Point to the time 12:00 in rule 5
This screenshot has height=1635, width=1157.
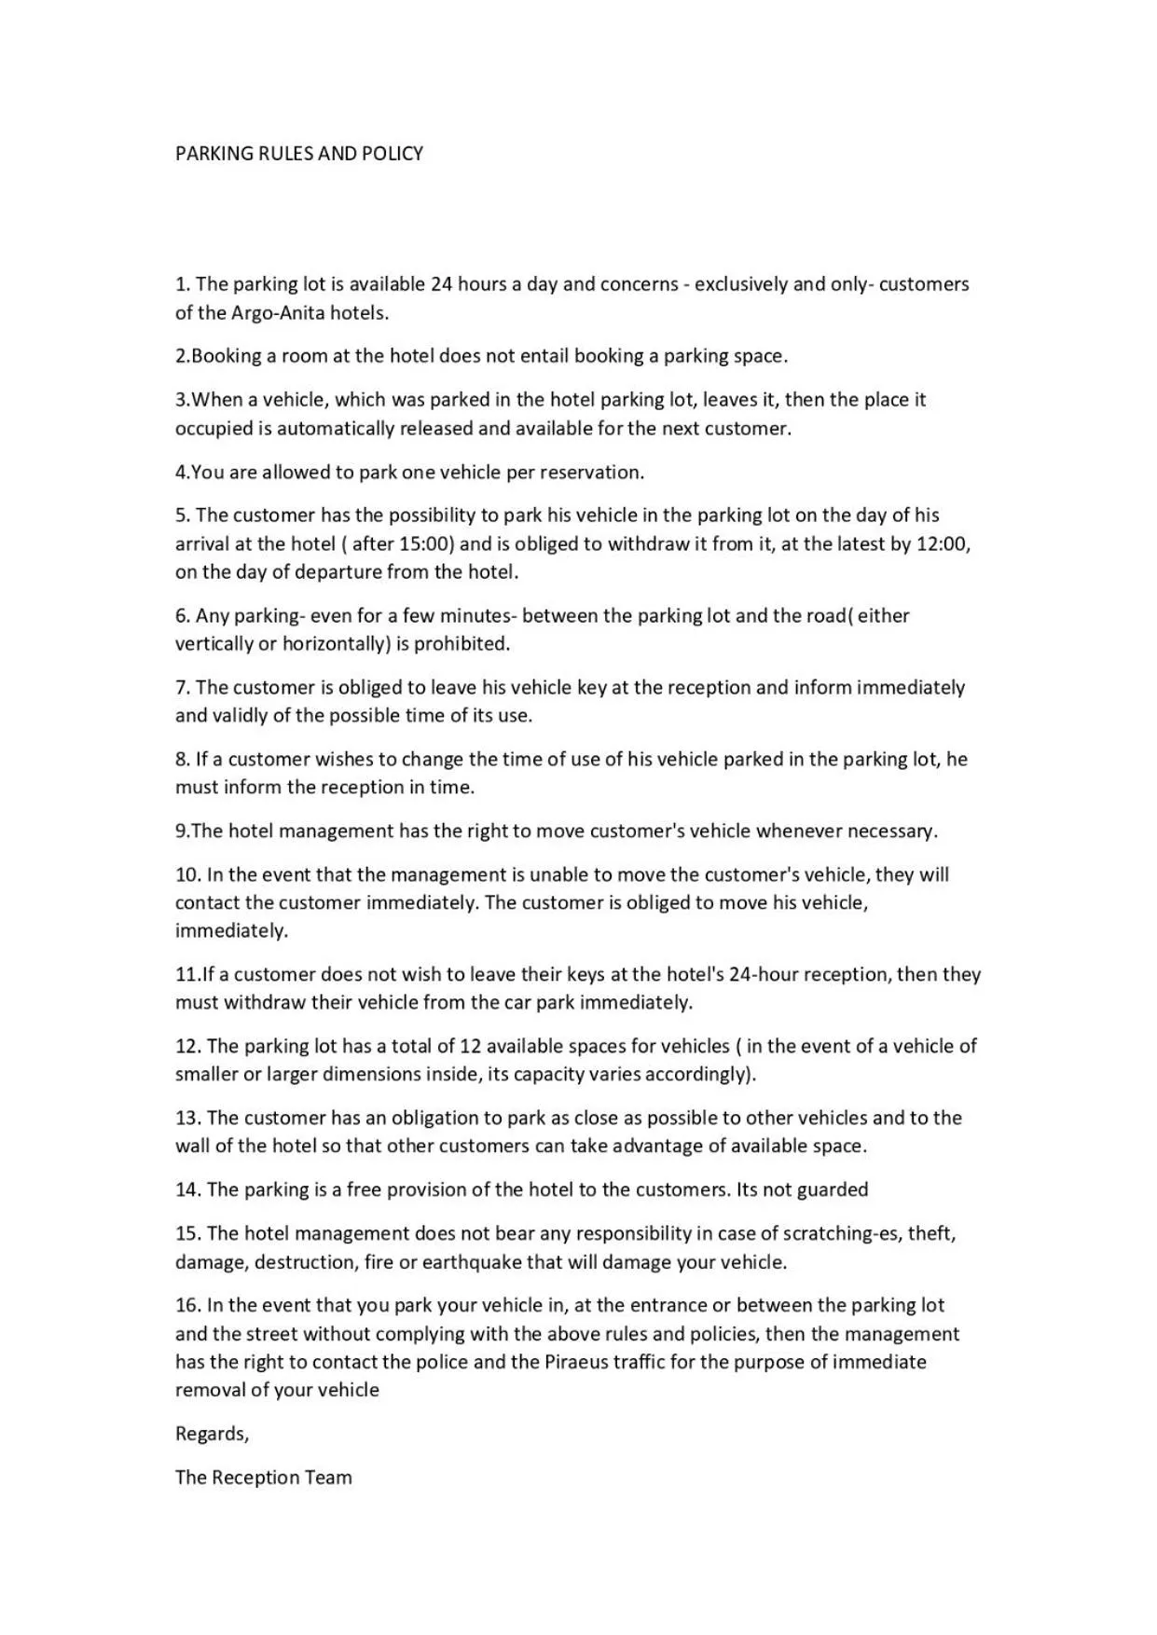pyautogui.click(x=943, y=543)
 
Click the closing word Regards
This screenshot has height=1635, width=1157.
pyautogui.click(x=212, y=1434)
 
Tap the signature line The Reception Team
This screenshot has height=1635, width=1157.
pyautogui.click(x=264, y=1477)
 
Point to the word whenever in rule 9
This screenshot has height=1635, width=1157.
pyautogui.click(x=798, y=831)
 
